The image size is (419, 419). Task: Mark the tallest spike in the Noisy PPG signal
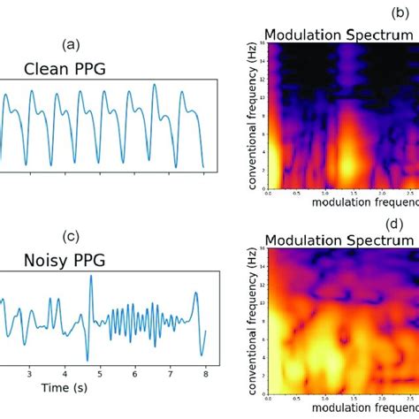pos(90,279)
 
